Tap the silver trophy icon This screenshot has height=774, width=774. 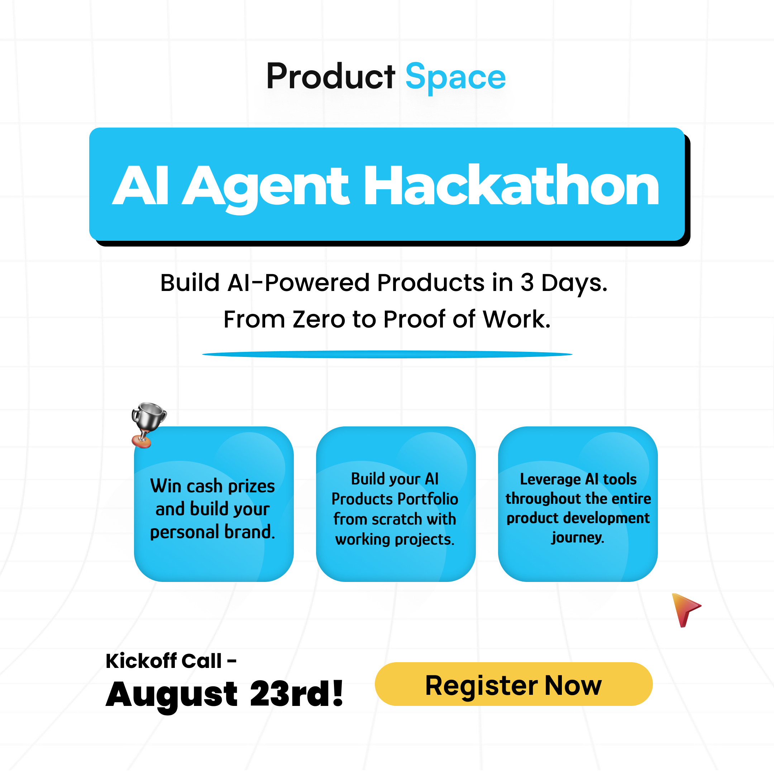(148, 425)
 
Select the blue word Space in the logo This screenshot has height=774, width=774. (455, 77)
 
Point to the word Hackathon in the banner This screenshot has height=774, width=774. (511, 186)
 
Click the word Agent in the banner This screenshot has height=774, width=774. (266, 188)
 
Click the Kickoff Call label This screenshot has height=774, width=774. (171, 661)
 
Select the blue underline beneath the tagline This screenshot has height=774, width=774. (387, 354)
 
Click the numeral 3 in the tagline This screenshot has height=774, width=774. (527, 283)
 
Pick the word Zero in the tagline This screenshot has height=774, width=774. (319, 319)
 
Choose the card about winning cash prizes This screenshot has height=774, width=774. (214, 503)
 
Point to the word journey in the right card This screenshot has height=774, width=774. (578, 537)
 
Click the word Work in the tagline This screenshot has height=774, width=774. (516, 319)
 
